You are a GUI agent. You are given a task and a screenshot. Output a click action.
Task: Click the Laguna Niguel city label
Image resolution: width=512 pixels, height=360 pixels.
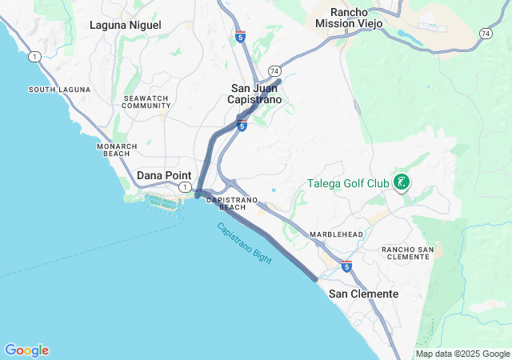tap(126, 25)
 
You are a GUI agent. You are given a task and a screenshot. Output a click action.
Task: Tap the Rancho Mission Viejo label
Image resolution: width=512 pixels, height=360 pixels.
tap(349, 18)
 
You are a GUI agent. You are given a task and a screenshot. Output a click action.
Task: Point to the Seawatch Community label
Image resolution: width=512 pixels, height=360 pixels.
tap(144, 102)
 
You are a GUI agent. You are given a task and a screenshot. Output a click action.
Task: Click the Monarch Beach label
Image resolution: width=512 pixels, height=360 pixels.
tap(118, 150)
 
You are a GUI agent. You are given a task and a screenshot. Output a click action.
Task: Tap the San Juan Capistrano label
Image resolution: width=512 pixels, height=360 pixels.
tap(256, 94)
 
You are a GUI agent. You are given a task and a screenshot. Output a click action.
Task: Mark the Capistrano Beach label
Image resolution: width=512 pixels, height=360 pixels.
tap(232, 203)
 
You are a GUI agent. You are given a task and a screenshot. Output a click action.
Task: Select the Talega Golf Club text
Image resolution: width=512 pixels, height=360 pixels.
tap(348, 183)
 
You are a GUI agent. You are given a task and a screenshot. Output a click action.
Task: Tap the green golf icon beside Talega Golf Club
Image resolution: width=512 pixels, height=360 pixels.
tap(402, 182)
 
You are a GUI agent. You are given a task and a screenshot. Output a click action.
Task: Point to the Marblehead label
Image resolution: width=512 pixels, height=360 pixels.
tap(337, 234)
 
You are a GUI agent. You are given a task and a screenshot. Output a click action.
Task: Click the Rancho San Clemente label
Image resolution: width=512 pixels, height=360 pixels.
tap(408, 254)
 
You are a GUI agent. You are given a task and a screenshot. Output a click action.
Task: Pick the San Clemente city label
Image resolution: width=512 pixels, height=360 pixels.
tap(363, 294)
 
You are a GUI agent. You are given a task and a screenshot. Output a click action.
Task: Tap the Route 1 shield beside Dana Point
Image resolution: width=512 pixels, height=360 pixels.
tap(185, 187)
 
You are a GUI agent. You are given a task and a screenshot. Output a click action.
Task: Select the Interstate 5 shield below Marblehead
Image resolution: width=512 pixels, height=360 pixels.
tap(346, 266)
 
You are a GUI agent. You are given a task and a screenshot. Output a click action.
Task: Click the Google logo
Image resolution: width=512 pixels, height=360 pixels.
tap(26, 350)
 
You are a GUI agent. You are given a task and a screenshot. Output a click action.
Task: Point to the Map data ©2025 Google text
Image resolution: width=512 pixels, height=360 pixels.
tap(462, 354)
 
